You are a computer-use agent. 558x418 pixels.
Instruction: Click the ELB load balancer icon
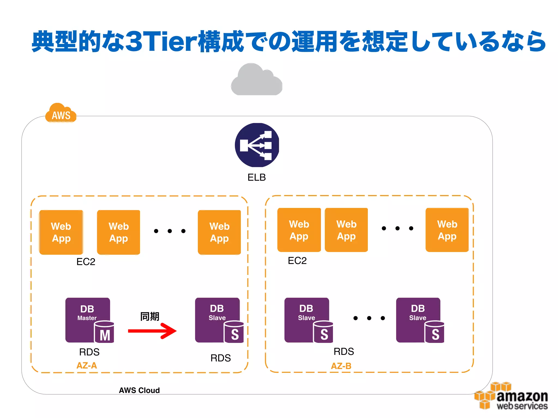coord(257,145)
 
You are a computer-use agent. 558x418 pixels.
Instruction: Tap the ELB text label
coord(256,177)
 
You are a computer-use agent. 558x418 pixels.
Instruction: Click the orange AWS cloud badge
coord(61,114)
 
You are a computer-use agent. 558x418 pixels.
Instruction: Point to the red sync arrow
coord(153,331)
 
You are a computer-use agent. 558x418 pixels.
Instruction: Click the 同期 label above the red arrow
coord(150,316)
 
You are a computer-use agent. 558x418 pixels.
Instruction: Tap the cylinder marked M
coord(104,333)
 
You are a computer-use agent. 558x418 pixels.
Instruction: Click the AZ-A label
coord(87,365)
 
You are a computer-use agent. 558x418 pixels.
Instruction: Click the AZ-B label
coord(341,366)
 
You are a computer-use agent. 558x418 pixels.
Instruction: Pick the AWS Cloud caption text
coord(139,390)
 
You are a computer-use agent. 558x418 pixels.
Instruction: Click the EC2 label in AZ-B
coord(297,261)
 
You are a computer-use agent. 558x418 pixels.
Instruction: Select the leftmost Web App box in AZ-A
coord(61,232)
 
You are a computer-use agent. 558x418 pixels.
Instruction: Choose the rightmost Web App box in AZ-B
coord(447,230)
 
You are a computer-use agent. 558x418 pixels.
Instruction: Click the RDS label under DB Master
coord(89,352)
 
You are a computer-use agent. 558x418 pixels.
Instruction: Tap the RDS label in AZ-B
coord(344,352)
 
